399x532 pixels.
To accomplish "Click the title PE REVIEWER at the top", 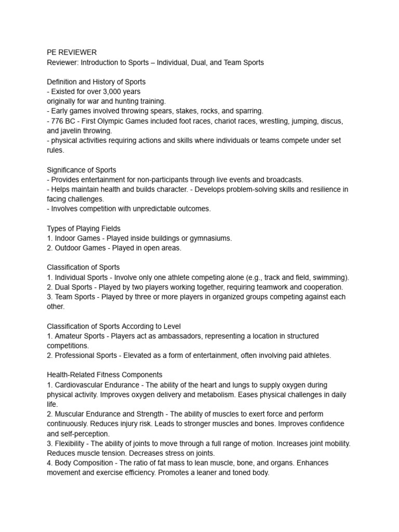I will [x=72, y=52].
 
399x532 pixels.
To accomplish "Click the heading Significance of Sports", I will [x=82, y=170].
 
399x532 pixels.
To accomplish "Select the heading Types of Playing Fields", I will [x=84, y=228].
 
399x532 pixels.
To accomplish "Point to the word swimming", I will [x=330, y=277].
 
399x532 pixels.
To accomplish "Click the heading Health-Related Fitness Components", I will [x=104, y=375].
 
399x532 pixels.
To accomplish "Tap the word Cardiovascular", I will [x=82, y=384].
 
